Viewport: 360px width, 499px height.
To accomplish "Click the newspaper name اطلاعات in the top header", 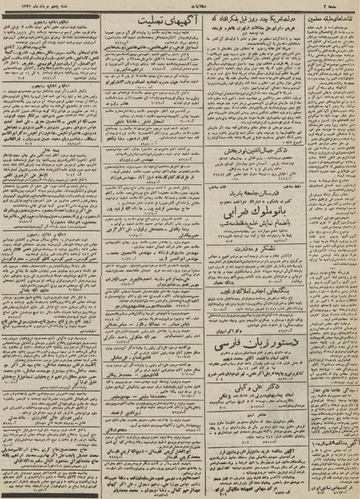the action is [x=179, y=8].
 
